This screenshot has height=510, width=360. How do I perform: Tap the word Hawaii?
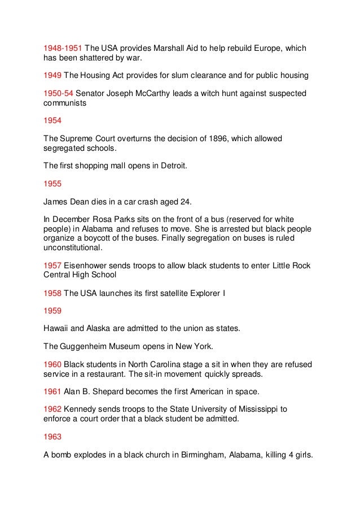tap(57, 328)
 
